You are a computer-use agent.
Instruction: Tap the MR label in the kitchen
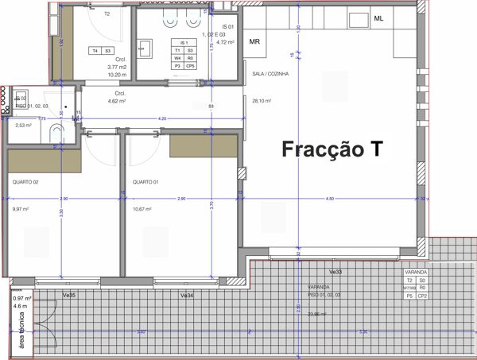click(255, 41)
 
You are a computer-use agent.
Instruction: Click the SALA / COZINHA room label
click(270, 74)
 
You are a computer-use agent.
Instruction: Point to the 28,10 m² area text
click(262, 101)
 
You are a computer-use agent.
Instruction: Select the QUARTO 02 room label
click(25, 182)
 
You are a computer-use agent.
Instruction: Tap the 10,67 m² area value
click(143, 210)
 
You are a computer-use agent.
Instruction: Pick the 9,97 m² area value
click(21, 210)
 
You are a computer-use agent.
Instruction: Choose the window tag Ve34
click(188, 295)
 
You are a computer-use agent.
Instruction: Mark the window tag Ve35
click(69, 295)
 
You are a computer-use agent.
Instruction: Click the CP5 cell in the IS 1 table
click(190, 65)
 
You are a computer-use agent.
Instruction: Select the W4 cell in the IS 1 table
click(179, 58)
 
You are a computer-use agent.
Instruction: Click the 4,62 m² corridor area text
click(106, 102)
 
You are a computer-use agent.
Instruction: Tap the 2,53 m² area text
click(23, 125)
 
